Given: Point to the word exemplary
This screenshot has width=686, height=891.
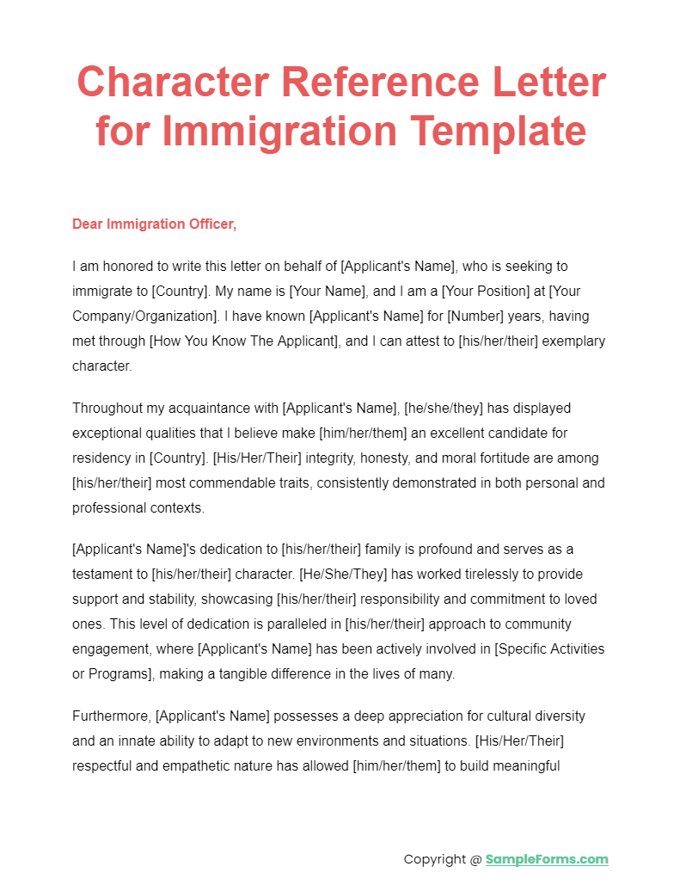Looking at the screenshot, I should [x=571, y=341].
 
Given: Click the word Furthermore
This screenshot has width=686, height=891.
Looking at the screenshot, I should [x=111, y=716].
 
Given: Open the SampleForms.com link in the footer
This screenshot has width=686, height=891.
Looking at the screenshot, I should [x=547, y=859].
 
